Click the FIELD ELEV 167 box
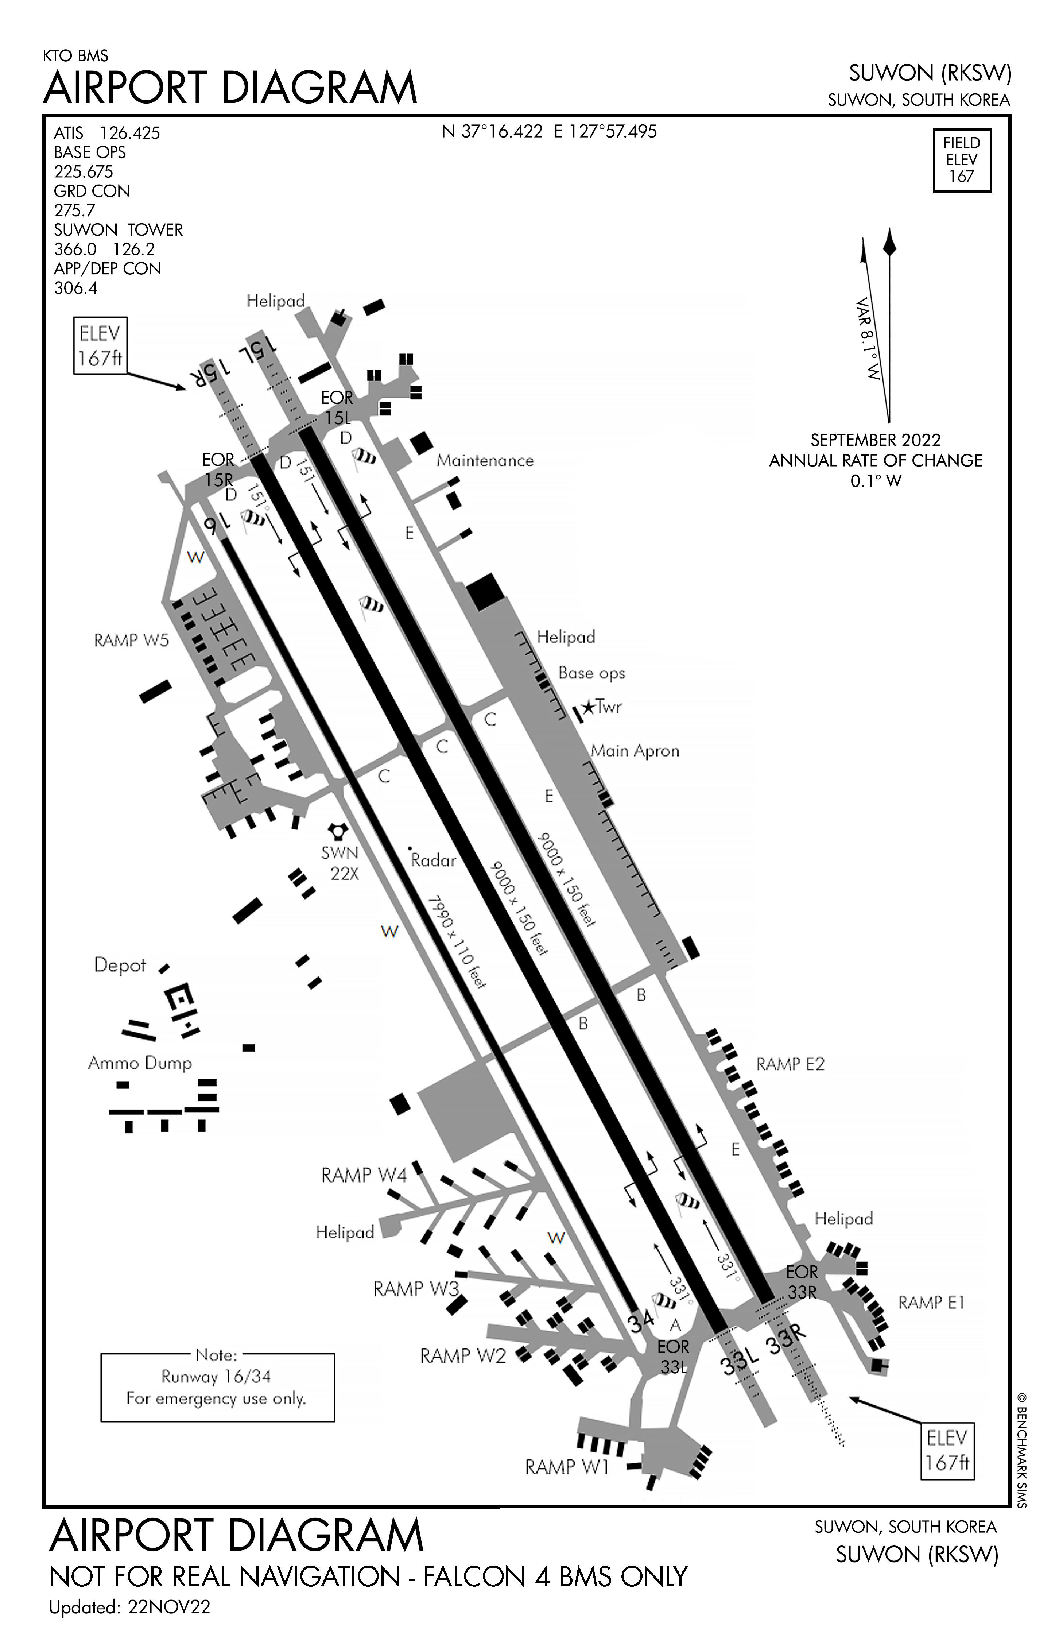click(961, 160)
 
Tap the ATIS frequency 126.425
click(130, 133)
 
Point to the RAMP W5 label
click(131, 641)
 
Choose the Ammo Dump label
click(140, 1063)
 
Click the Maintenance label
click(485, 461)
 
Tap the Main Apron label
click(635, 751)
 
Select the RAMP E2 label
click(790, 1064)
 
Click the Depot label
click(120, 966)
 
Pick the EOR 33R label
click(802, 1281)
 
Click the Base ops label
click(591, 673)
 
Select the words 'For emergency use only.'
click(216, 1398)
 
